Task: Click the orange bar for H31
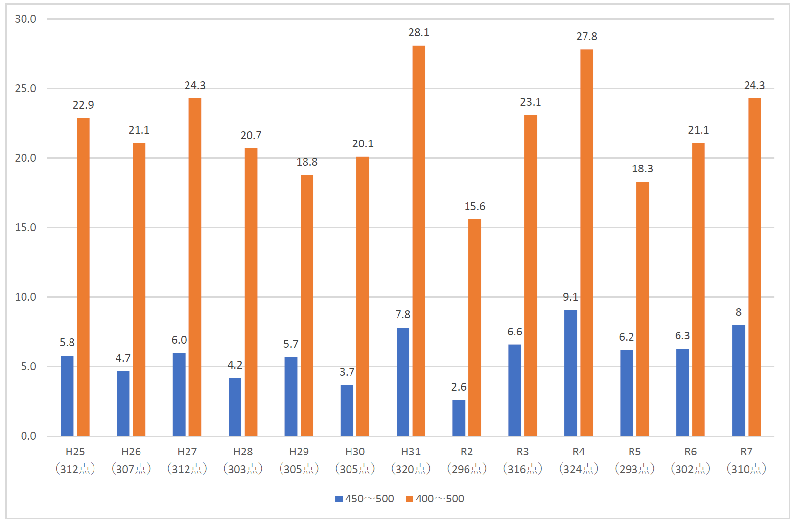point(419,240)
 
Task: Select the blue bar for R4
point(570,373)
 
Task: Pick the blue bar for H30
point(347,410)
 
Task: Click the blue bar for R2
point(459,418)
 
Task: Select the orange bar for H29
point(307,305)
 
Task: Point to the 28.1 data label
point(419,32)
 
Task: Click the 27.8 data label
point(586,36)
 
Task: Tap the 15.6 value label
point(474,206)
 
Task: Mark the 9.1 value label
point(570,297)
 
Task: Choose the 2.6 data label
point(459,387)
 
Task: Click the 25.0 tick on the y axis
point(25,88)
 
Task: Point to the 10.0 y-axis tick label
point(25,297)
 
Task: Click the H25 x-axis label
point(75,452)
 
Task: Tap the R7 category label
point(746,452)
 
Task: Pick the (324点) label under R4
point(579,469)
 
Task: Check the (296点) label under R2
point(467,469)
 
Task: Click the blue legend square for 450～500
point(339,499)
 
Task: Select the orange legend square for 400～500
point(409,499)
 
